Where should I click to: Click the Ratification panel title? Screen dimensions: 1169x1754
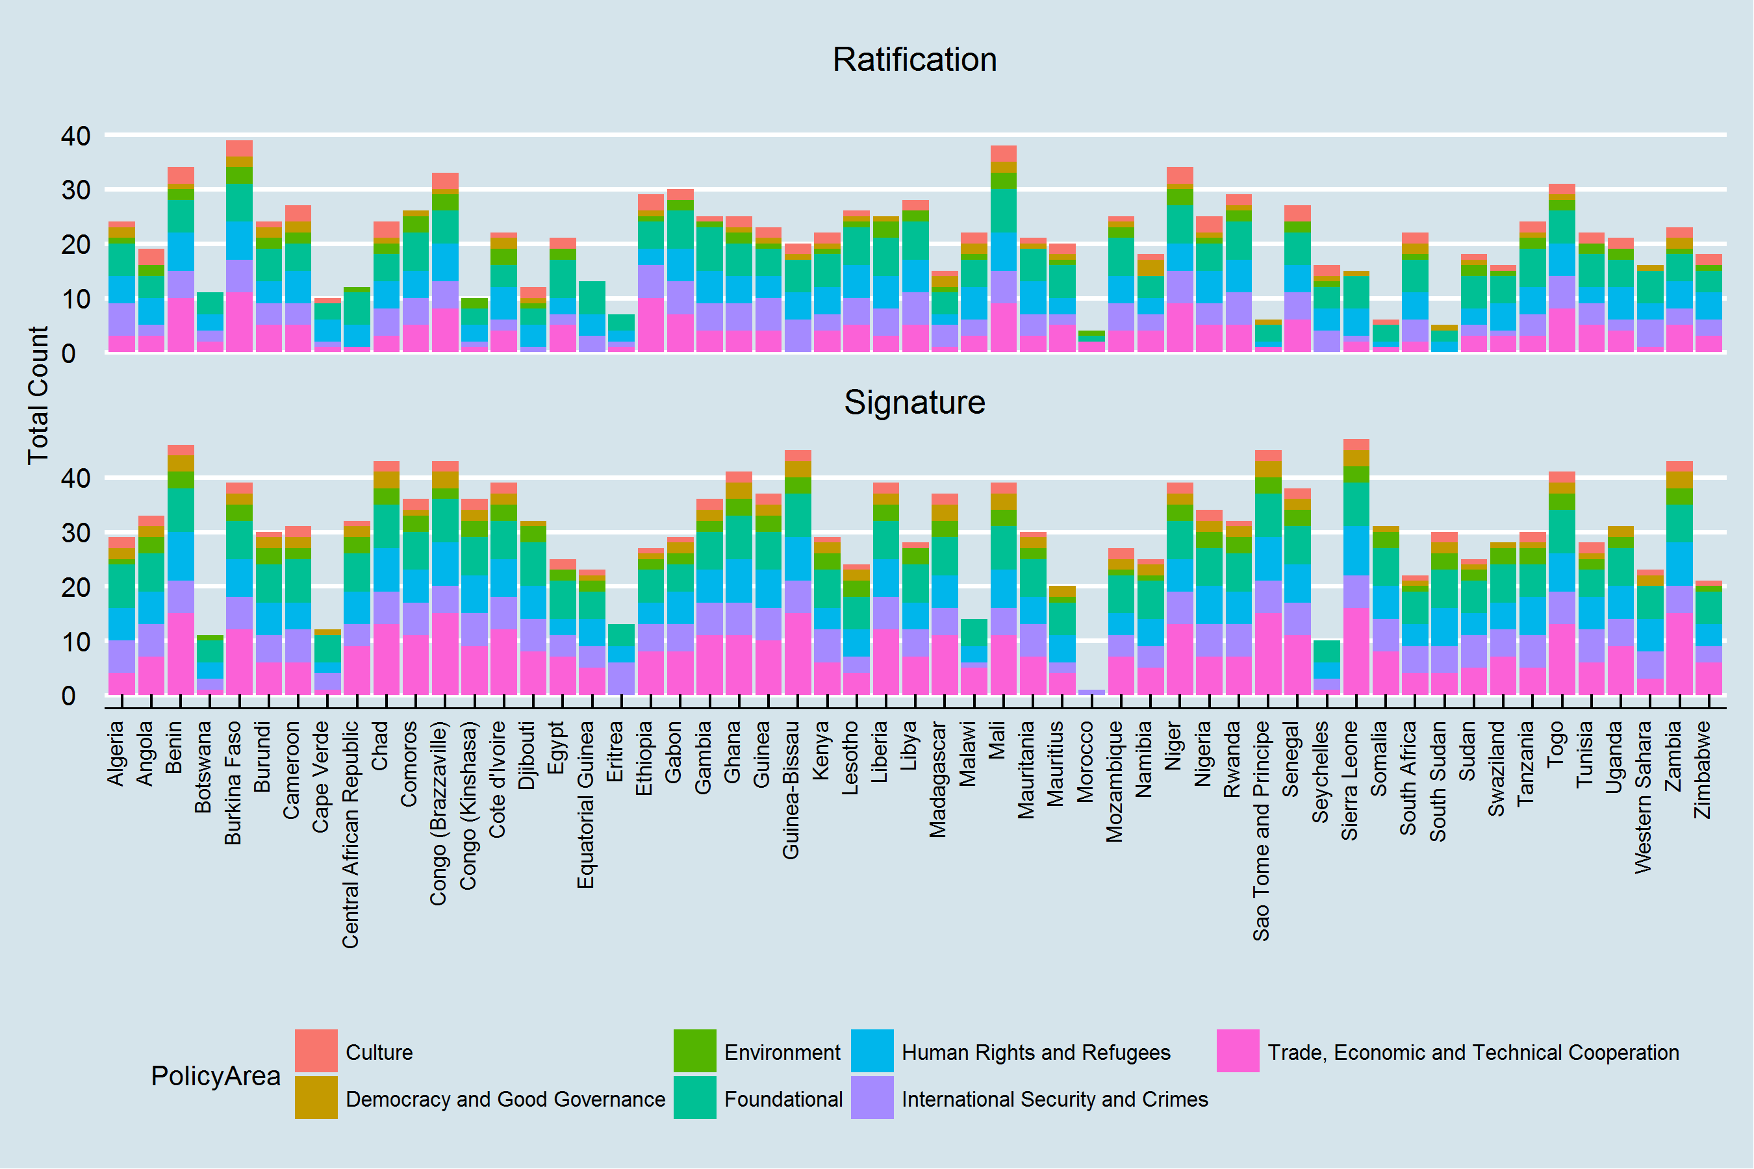(914, 60)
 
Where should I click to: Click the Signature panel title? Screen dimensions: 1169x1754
(914, 403)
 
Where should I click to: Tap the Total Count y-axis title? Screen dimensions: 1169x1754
(37, 395)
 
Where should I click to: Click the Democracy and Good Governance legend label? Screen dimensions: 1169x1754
(505, 1099)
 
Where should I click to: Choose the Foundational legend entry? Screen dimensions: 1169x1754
(783, 1099)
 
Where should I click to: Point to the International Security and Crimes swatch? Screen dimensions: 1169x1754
(872, 1098)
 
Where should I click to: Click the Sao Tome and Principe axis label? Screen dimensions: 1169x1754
(1261, 831)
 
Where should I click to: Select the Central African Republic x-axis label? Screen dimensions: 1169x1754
(351, 835)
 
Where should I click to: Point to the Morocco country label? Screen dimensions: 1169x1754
(1085, 762)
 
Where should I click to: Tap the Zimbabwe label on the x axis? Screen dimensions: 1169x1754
(1702, 770)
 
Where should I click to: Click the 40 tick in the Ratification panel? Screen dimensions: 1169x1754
(75, 136)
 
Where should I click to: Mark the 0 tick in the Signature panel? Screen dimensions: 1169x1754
(69, 696)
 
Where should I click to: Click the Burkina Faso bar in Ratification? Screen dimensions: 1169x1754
(239, 246)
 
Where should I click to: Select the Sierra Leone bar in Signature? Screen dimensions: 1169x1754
(1356, 566)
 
